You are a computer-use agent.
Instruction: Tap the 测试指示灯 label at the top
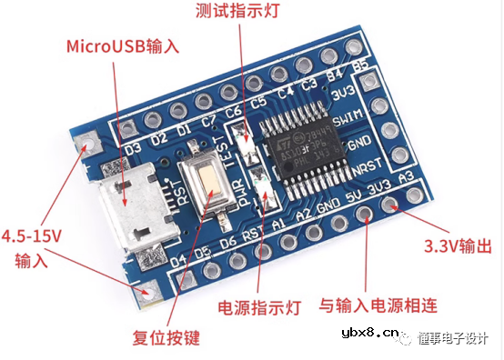[238, 12]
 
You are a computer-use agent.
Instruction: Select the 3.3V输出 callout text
[459, 245]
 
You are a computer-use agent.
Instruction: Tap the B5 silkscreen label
[360, 66]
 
